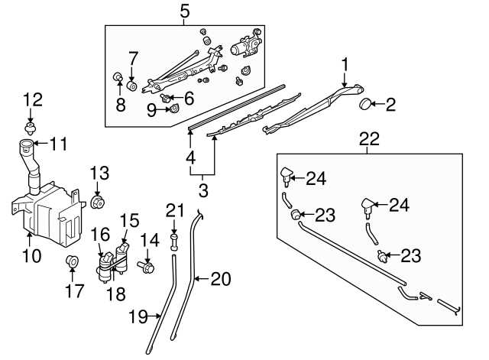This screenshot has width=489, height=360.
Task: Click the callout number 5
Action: [x=184, y=11]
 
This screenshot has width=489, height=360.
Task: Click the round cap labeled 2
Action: [x=365, y=105]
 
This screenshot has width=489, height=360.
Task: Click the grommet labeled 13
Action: [x=97, y=202]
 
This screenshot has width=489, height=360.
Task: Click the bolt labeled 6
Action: [x=168, y=97]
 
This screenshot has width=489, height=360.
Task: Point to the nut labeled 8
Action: [x=118, y=76]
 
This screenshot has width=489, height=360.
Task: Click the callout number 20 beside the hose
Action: [x=221, y=279]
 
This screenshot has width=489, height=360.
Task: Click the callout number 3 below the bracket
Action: [x=203, y=188]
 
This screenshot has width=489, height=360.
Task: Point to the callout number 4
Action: [x=189, y=160]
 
